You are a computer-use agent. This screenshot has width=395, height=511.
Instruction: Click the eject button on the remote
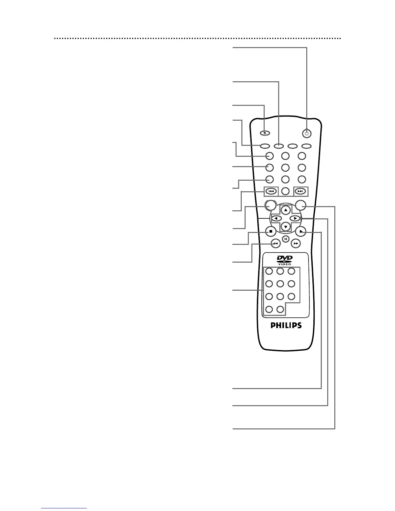point(265,133)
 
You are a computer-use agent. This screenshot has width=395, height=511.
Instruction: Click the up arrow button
point(286,210)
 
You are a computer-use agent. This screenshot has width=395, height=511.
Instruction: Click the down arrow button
point(286,226)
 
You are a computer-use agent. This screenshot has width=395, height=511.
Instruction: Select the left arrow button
point(276,218)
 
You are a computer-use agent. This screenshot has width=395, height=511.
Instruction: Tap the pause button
point(286,239)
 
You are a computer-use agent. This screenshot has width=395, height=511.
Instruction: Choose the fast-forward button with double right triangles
point(296,244)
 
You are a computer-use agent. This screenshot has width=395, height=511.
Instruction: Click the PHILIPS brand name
point(286,326)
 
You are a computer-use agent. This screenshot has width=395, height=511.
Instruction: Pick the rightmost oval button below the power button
point(307,146)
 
